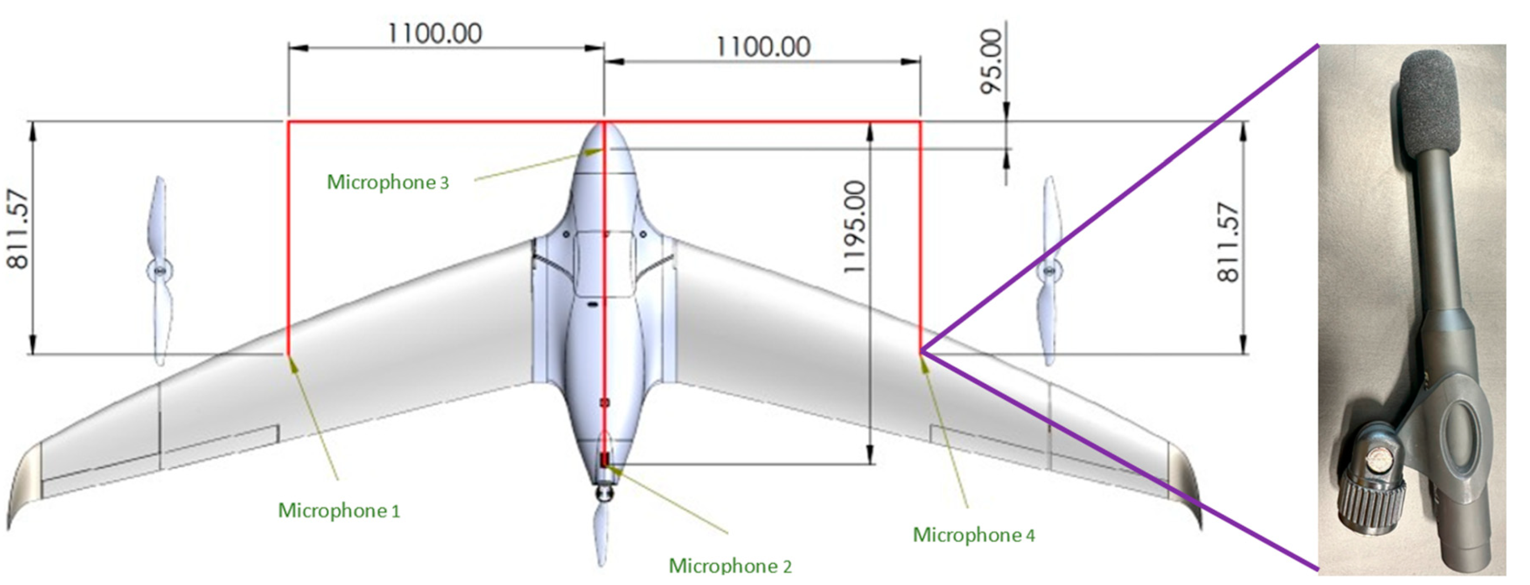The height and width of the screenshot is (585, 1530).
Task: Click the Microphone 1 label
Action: coord(339,510)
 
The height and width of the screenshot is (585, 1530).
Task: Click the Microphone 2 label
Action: coord(730,565)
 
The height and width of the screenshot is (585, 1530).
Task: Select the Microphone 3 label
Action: coord(388,182)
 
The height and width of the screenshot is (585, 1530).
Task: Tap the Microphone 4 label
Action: coord(973,535)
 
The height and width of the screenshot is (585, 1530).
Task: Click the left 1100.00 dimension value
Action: coord(435,33)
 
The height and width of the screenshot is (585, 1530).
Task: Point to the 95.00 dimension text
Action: coord(991,61)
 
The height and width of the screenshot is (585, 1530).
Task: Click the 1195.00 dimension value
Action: coord(856,228)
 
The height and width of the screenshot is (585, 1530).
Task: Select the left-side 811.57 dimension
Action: coord(18,229)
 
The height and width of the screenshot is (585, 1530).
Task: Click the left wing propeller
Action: coord(159,270)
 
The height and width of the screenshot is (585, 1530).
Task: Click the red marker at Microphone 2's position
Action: coord(605,459)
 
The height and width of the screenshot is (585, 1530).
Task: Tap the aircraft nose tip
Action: coord(604,124)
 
